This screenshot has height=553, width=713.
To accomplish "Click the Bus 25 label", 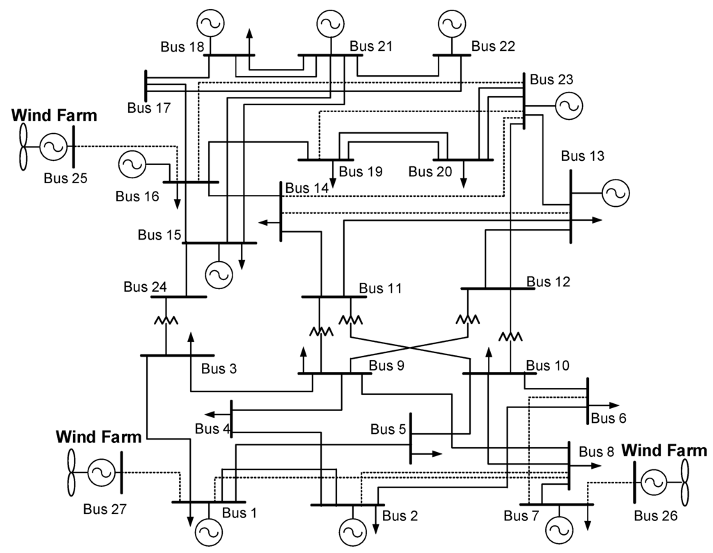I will point(65,178).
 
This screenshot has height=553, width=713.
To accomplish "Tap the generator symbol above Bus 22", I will point(450,23).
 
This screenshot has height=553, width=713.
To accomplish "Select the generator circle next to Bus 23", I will point(568,106).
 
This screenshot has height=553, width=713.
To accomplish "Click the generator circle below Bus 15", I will point(218,274).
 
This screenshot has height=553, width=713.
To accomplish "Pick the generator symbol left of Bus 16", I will point(132,164).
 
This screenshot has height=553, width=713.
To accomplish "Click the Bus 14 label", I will point(306,188).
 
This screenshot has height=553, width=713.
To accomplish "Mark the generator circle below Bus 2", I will point(352,533).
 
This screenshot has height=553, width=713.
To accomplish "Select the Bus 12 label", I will point(548,282).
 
